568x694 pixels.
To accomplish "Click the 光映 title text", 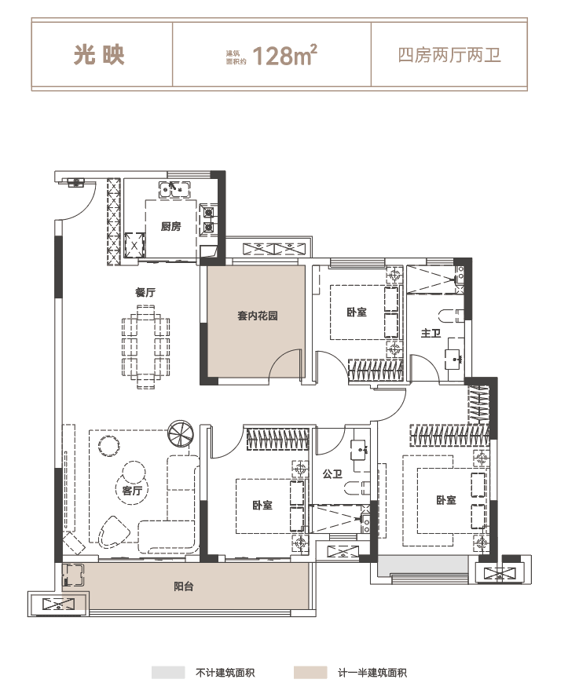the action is coord(99,55).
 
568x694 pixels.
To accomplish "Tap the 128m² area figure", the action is coord(285,55).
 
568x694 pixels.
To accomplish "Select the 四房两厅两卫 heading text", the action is coord(449,55).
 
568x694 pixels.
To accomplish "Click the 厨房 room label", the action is coord(170,227).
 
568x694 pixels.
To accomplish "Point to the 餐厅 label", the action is coord(145,293).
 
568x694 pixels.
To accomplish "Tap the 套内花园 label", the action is coord(258,316).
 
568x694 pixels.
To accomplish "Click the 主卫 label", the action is coord(431,333).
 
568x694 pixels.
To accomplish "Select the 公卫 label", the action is coord(332,474).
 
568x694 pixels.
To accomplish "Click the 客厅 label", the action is coord(132,491).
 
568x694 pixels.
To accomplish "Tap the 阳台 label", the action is coord(183,587).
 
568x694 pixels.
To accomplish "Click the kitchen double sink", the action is coord(175,189).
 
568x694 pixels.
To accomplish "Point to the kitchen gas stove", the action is coord(209,220).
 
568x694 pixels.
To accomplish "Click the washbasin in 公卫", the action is coord(360,450).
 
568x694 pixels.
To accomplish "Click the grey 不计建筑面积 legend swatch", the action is coord(168,673).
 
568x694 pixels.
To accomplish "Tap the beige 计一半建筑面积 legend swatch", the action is coord(310,673).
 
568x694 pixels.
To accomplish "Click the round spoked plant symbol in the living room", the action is coord(181,433).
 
